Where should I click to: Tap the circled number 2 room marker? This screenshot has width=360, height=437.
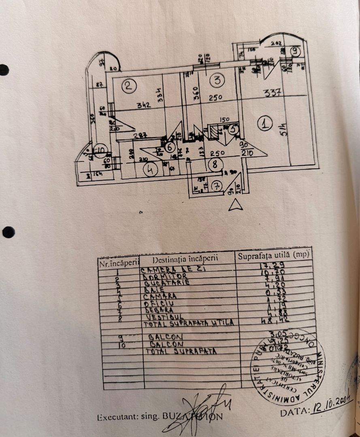(x=129, y=86)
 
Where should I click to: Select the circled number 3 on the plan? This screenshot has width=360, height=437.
(x=217, y=81)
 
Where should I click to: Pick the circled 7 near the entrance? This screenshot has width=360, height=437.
(x=217, y=186)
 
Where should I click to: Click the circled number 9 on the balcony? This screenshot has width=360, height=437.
(x=295, y=51)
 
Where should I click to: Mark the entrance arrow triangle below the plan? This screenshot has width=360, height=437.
(x=235, y=206)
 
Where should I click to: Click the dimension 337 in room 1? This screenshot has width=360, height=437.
(x=272, y=93)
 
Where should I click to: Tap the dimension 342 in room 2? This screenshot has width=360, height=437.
(x=143, y=105)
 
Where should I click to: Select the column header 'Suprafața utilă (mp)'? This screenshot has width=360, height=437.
(x=273, y=255)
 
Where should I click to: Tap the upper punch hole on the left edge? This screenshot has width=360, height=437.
(x=4, y=70)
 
